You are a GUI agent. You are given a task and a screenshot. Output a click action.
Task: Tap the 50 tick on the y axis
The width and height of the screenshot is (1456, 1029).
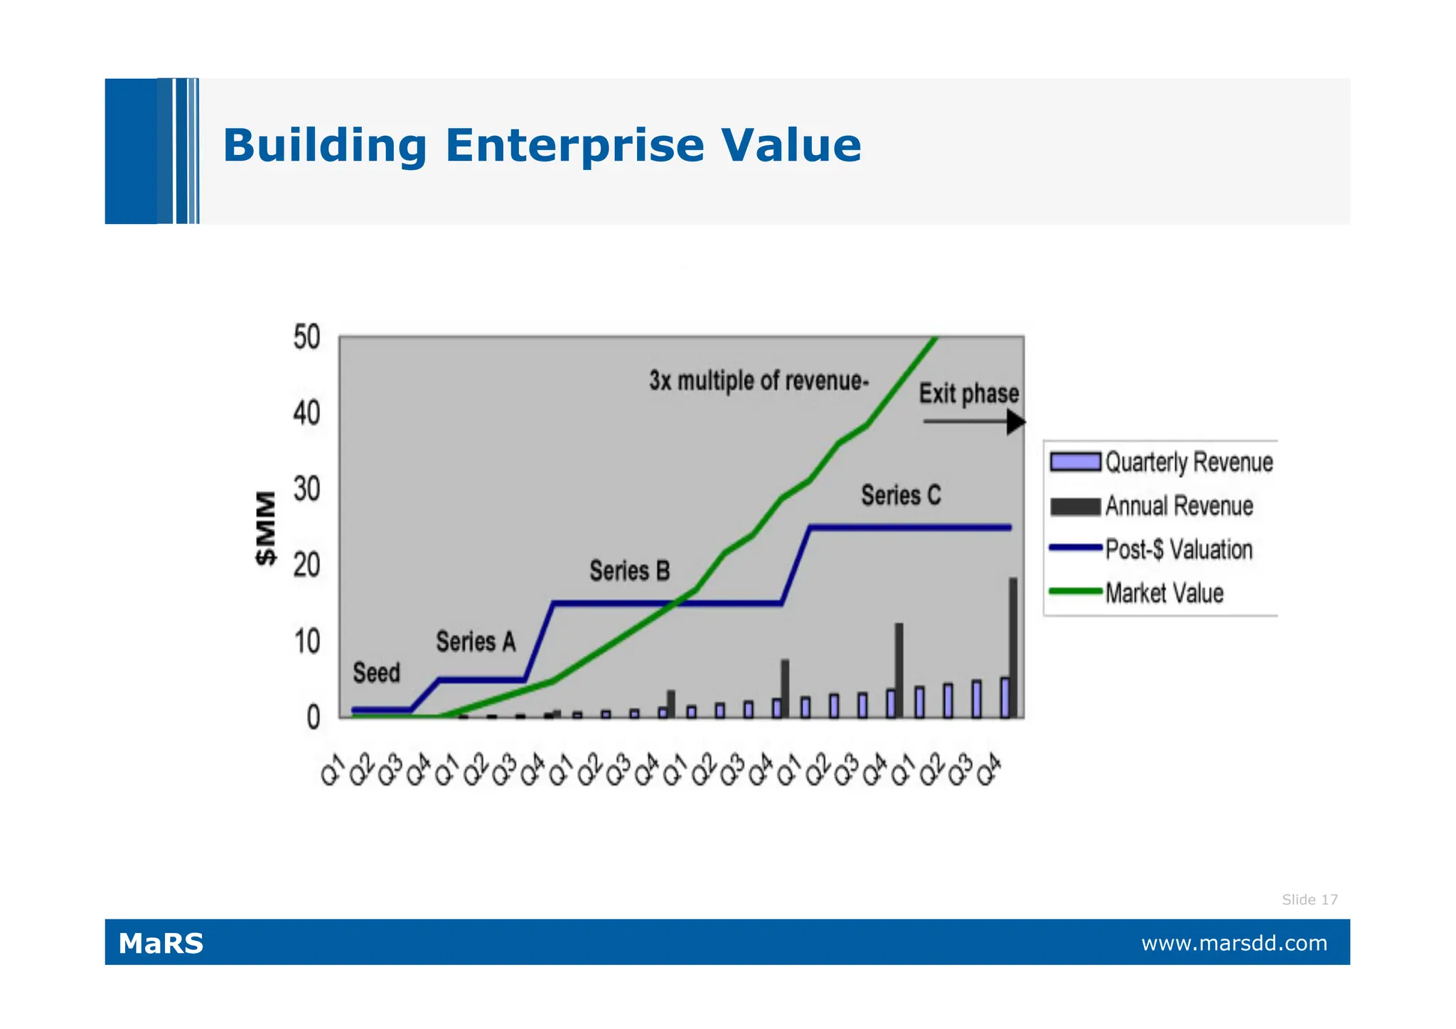[x=306, y=337]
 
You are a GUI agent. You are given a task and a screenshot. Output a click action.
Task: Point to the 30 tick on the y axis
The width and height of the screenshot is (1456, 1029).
[x=306, y=490]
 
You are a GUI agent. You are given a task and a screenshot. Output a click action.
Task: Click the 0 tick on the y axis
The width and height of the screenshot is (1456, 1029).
[x=313, y=718]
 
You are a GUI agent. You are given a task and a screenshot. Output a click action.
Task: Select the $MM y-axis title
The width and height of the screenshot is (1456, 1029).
[x=266, y=528]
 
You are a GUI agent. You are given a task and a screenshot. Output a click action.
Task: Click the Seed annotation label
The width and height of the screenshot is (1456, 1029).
[x=376, y=673]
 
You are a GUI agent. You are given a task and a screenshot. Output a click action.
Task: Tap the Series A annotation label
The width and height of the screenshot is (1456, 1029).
[x=476, y=642]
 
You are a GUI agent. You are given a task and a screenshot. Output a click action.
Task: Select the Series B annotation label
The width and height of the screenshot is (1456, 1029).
[x=629, y=571]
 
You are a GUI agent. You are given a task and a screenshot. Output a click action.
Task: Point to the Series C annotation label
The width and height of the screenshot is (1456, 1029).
[x=900, y=495]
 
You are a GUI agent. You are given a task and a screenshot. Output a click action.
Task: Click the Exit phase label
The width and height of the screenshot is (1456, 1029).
[x=968, y=393]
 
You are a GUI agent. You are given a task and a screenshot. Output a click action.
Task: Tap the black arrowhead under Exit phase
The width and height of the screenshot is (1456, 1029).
[x=1016, y=422]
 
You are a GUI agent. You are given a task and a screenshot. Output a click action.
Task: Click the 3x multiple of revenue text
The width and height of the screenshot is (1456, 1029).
[x=758, y=381]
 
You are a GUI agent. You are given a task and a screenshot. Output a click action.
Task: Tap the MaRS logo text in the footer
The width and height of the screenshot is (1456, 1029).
[x=161, y=944]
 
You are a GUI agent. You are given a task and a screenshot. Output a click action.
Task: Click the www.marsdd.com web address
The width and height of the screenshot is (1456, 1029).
[x=1233, y=944]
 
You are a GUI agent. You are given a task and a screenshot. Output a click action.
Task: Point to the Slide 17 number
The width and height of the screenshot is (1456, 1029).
[x=1309, y=900]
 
